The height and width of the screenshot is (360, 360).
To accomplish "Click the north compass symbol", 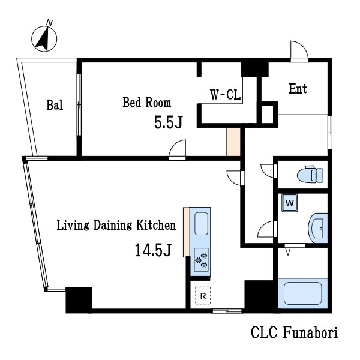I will pos(44,37).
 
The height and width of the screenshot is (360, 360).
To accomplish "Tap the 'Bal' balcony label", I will pos(55,106).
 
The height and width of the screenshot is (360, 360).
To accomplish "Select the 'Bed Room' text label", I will pos(146,103).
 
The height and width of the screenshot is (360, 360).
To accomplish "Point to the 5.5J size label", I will pos(168,123).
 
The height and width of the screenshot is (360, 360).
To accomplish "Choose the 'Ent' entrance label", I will pos(298,89).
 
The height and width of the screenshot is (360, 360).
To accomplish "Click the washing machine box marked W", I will pos(290,203).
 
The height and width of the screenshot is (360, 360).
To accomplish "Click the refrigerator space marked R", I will pos(203,296).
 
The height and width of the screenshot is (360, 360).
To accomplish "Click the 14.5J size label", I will pos(154,250).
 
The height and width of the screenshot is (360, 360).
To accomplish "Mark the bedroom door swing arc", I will pos(178,148).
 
